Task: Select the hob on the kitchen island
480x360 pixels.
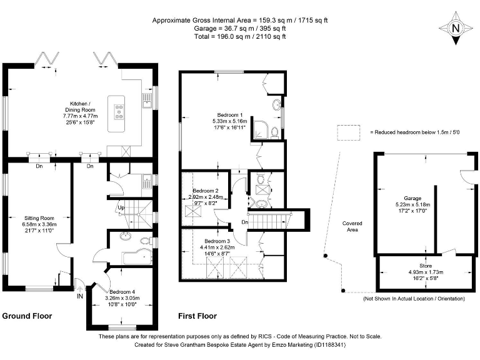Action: (x=117, y=111)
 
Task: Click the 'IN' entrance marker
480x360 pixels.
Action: (x=79, y=296)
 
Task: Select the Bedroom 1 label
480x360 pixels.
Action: (x=229, y=115)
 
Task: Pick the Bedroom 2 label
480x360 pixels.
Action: (x=205, y=190)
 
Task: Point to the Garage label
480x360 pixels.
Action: (x=412, y=197)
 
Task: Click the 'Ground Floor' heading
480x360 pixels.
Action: (x=27, y=316)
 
